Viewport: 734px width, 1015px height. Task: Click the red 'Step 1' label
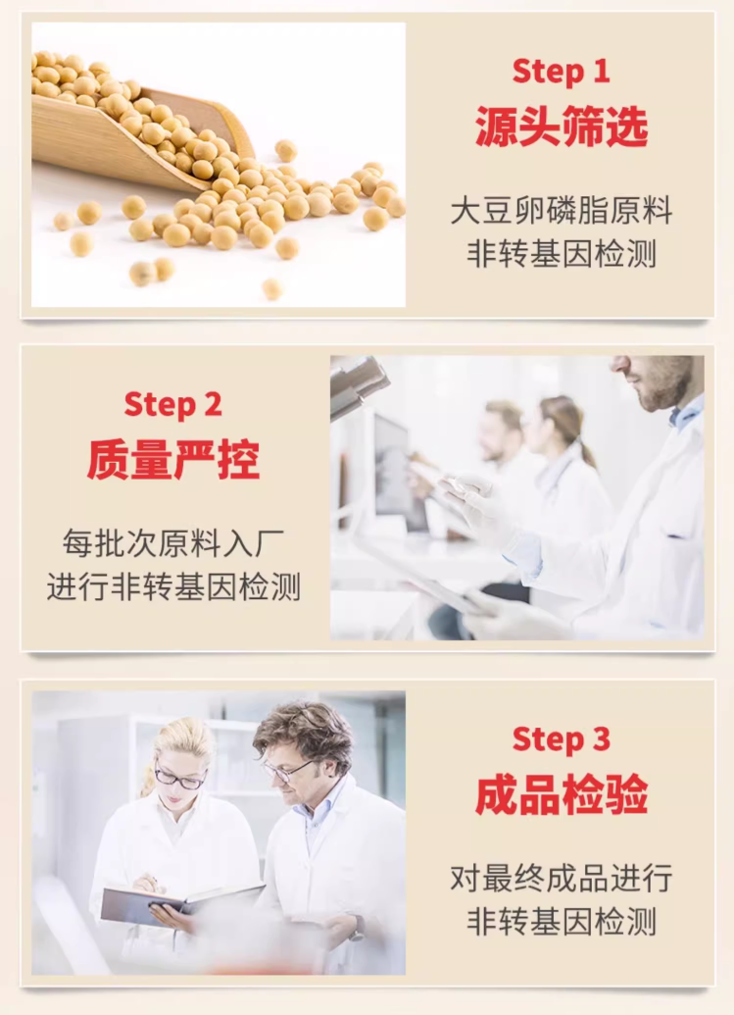[x=561, y=71]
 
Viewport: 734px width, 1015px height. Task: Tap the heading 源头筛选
[x=562, y=127]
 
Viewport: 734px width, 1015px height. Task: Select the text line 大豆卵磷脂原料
[x=562, y=211]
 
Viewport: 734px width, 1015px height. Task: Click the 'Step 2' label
[x=172, y=405]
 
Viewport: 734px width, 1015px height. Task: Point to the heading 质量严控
[x=173, y=459]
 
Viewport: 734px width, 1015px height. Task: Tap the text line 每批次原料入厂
[x=173, y=543]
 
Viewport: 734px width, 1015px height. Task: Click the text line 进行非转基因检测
[x=173, y=586]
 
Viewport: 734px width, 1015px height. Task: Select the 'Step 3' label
[x=561, y=738]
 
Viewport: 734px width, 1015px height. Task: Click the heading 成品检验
[x=562, y=793]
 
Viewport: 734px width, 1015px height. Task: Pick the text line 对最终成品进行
[x=562, y=879]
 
